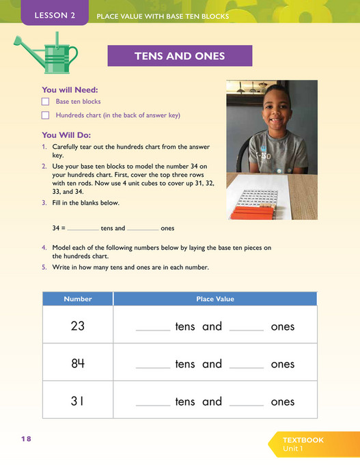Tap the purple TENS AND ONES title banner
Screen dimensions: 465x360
(x=180, y=56)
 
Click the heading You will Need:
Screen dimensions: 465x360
(x=69, y=89)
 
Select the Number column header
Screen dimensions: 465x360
(x=78, y=299)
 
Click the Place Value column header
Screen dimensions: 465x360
(x=214, y=299)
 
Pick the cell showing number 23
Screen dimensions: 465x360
(x=78, y=326)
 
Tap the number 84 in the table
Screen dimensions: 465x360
(x=78, y=363)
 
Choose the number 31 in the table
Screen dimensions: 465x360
(x=78, y=401)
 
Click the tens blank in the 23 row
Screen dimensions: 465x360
(x=153, y=328)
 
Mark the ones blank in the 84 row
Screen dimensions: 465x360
(x=246, y=366)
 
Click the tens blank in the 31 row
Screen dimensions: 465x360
(x=153, y=404)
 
